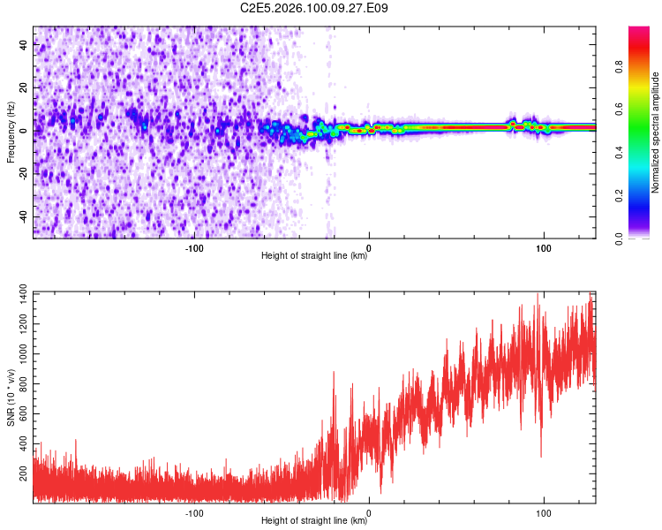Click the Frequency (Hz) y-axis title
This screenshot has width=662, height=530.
pyautogui.click(x=11, y=132)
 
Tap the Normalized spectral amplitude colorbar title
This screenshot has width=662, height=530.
pyautogui.click(x=656, y=132)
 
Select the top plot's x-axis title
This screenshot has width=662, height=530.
pyautogui.click(x=314, y=256)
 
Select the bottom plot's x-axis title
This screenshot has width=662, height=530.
pyautogui.click(x=314, y=521)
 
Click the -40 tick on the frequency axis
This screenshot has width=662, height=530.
pyautogui.click(x=24, y=216)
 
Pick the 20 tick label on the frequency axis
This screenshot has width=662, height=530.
pyautogui.click(x=24, y=88)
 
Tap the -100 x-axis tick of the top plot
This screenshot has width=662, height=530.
pyautogui.click(x=194, y=247)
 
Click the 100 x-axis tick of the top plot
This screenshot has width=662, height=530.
pyautogui.click(x=545, y=247)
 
